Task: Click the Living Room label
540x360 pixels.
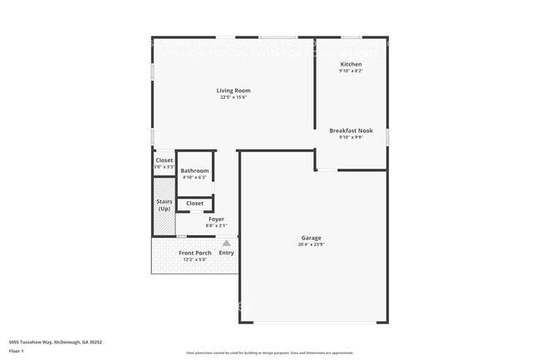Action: click(233, 91)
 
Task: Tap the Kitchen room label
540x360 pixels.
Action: click(351, 64)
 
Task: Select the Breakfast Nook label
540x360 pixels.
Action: click(351, 130)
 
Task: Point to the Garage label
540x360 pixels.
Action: click(311, 238)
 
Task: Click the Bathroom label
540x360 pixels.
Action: click(195, 170)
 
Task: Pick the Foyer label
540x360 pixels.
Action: click(216, 219)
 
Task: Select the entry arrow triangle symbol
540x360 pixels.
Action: click(225, 243)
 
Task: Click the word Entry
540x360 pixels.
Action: click(226, 253)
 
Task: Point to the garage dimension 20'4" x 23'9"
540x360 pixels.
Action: click(311, 244)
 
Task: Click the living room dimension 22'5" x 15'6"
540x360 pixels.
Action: click(233, 97)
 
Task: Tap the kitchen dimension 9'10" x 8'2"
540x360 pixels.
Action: click(351, 71)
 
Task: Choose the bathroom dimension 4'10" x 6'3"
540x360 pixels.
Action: click(195, 177)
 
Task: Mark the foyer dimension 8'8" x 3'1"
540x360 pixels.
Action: click(216, 225)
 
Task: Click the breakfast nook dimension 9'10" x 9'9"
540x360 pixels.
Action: click(351, 136)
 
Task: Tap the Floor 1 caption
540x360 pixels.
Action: click(17, 351)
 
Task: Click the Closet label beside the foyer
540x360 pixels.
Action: click(194, 203)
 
